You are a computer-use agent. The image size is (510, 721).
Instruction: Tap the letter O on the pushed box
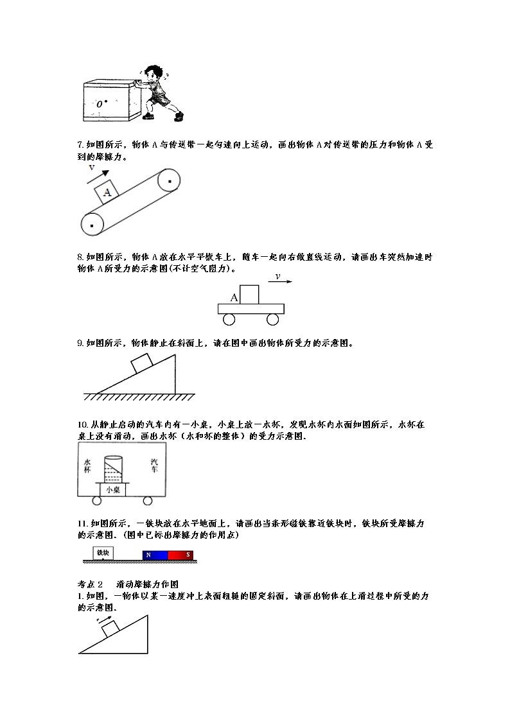pos(100,103)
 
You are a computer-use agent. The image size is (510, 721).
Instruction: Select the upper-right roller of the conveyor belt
pos(169,182)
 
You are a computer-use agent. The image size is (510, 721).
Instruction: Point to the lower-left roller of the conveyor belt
pos(93,225)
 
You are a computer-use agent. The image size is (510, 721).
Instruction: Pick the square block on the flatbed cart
pos(249,294)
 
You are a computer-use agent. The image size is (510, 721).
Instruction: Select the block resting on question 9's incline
pos(141,363)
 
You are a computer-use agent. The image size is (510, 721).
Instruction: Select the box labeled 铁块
pos(103,553)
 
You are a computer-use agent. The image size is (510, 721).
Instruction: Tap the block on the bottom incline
pos(110,628)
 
